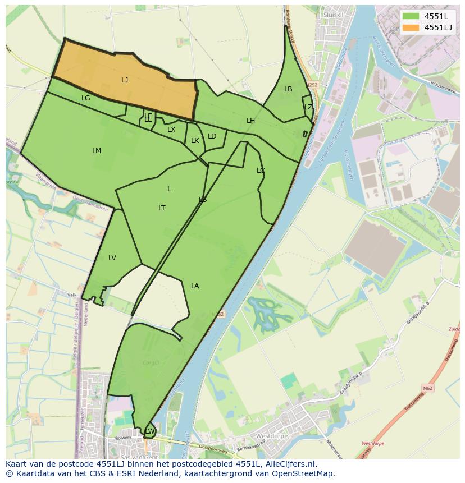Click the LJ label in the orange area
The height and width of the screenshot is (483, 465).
125,80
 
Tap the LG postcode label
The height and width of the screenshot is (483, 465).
86,98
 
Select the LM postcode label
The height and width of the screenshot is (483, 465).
97,151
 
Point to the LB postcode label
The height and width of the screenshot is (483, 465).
288,89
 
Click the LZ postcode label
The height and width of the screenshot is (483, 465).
308,107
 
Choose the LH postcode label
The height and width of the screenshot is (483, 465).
250,121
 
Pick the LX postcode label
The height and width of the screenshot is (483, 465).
171,130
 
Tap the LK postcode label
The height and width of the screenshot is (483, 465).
195,141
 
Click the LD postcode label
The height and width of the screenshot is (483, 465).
212,136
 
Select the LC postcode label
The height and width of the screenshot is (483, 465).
261,171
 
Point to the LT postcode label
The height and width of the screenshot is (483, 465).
162,208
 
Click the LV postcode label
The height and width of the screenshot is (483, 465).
112,258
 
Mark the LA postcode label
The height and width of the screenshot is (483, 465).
195,286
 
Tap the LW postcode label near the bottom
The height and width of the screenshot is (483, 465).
150,431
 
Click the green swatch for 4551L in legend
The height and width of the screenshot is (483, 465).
411,16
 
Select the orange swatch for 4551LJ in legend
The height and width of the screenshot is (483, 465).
411,27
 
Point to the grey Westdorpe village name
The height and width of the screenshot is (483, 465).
271,436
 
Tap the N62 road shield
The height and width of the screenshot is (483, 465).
428,387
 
